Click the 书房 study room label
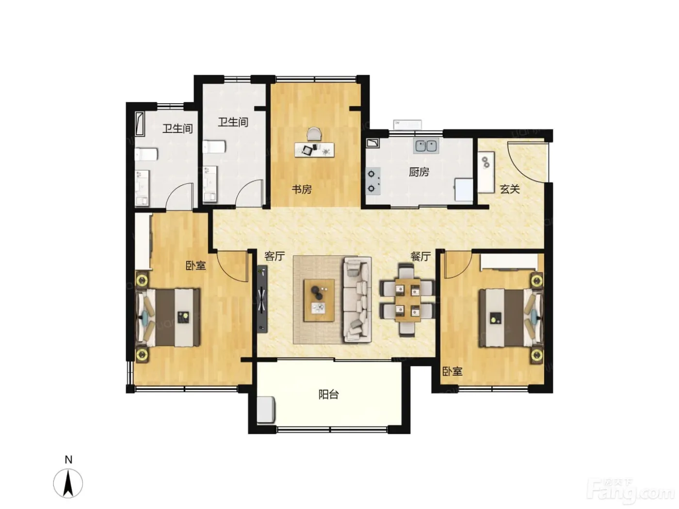coord(302,189)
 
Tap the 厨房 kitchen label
coord(419,172)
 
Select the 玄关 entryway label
coord(510,189)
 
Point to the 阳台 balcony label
coord(328,394)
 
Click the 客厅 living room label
coord(275,256)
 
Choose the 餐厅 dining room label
coord(420,256)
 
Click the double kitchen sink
coord(426,145)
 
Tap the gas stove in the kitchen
coord(373,181)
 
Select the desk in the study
coord(314,150)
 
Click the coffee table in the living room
coord(319,300)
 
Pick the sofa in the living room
coord(357,300)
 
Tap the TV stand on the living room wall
coord(262,299)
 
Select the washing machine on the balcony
coord(266,410)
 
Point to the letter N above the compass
coord(68,460)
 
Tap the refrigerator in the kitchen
coord(463,190)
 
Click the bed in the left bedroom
coord(168,317)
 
